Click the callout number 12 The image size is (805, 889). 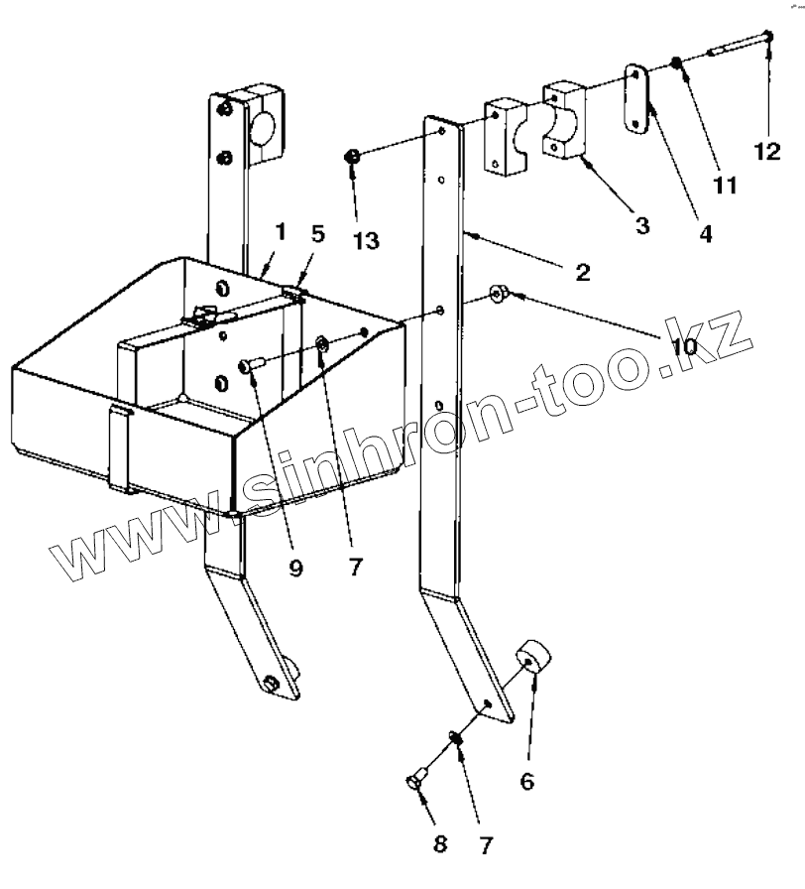click(766, 151)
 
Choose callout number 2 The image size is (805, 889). click(582, 272)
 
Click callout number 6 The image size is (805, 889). click(526, 781)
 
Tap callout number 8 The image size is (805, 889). click(441, 844)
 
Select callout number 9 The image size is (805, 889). click(296, 569)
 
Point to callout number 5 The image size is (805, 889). click(316, 235)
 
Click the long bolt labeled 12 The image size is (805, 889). click(739, 44)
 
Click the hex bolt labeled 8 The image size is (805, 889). click(416, 779)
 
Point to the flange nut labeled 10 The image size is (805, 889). click(498, 294)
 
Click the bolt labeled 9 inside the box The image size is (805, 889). click(249, 366)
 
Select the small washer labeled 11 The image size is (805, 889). click(675, 63)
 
